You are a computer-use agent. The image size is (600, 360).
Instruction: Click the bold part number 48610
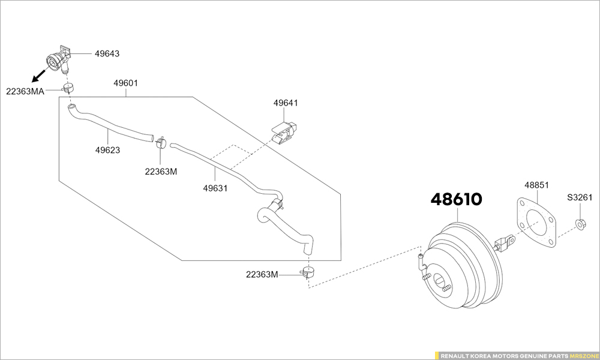point(457,199)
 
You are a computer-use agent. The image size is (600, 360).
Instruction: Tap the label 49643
point(107,53)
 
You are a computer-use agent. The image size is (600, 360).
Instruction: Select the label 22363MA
point(25,91)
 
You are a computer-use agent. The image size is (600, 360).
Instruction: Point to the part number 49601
point(126,83)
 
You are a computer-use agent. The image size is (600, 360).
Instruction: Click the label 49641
point(286,103)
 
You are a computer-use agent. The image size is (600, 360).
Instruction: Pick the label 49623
point(107,151)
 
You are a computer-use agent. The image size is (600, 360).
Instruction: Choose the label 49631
point(215,188)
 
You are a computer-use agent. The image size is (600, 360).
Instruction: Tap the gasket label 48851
point(536,185)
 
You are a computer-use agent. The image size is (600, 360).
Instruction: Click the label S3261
point(580,197)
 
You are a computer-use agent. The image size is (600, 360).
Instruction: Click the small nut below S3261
point(580,224)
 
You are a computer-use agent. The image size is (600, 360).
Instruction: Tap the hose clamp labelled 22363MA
point(68,88)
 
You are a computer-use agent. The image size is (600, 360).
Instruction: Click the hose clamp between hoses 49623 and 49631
point(161,142)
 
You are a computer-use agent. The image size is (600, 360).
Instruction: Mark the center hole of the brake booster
point(440,282)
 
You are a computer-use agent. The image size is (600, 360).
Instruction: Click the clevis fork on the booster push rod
point(505,242)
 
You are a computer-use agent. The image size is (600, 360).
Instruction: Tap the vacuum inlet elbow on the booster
point(421,261)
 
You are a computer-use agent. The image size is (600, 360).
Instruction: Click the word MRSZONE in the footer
point(583,356)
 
